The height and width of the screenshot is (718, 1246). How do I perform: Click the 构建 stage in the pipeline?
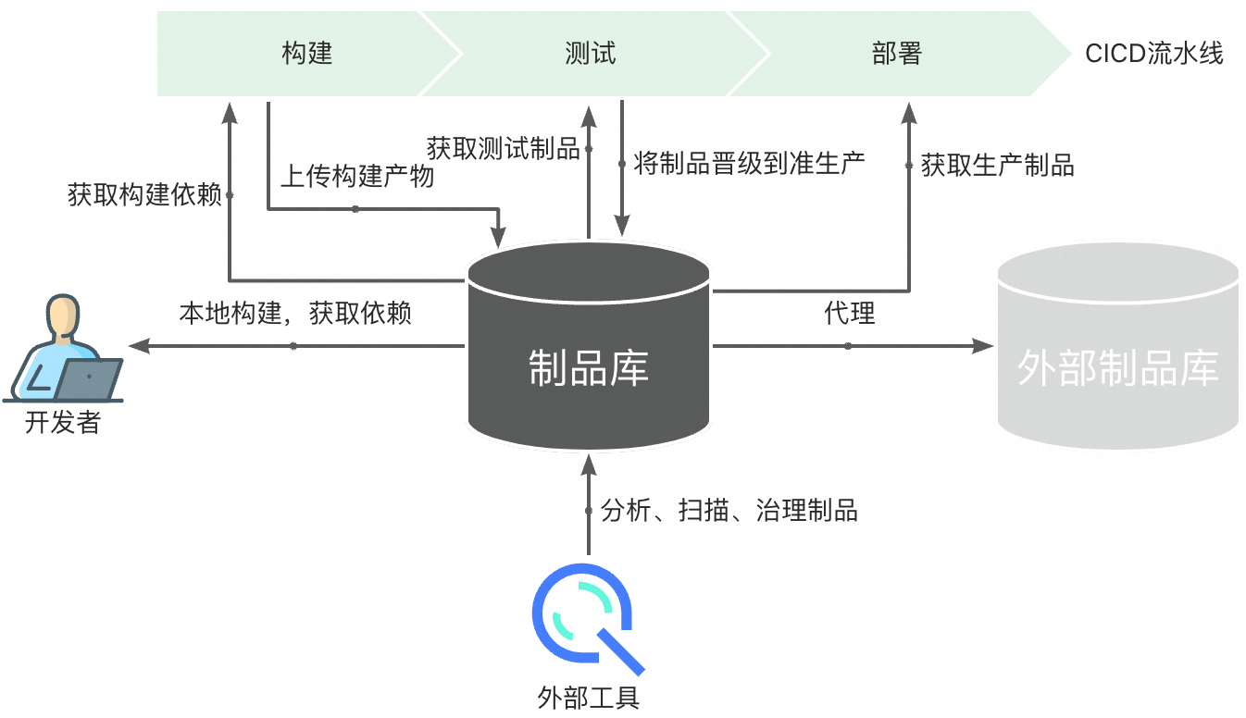click(306, 53)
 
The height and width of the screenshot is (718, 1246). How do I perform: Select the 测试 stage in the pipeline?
click(590, 53)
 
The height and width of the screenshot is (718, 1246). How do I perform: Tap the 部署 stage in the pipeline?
click(896, 53)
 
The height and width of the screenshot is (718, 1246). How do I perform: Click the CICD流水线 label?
click(1153, 54)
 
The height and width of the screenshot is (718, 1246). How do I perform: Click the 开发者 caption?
click(62, 423)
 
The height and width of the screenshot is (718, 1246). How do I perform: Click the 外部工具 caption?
click(589, 697)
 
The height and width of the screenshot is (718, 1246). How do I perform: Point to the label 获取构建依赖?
click(144, 195)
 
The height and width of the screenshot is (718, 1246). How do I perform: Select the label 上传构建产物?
click(357, 176)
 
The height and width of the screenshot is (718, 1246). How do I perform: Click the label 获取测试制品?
click(503, 148)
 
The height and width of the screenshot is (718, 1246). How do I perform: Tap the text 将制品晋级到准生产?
click(749, 164)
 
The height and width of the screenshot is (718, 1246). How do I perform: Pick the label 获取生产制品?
click(997, 166)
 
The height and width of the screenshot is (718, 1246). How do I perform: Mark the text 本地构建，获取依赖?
click(294, 313)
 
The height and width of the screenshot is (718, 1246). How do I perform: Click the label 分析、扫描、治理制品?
click(729, 510)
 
